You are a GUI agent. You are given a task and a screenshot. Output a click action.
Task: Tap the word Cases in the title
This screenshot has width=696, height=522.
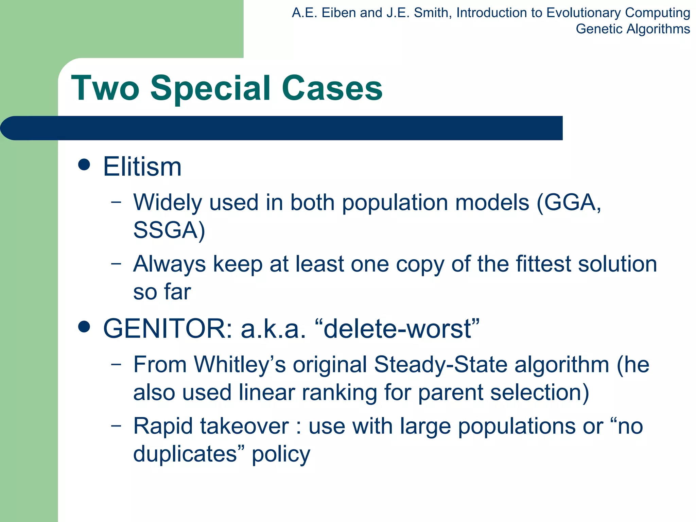coord(332,88)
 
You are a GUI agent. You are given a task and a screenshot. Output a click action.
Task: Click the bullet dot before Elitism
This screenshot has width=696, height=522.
coord(84,165)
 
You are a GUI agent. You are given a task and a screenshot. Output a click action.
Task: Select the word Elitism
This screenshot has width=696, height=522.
coord(142,167)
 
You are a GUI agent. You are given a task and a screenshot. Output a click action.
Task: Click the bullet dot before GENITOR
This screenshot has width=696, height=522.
coord(84,327)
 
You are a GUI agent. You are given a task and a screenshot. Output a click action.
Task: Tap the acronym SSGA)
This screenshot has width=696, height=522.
coord(169,230)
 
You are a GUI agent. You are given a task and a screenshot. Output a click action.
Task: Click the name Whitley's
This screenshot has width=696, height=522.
coord(240,365)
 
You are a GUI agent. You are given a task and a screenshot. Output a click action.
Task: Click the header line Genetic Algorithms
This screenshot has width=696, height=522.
coord(632,29)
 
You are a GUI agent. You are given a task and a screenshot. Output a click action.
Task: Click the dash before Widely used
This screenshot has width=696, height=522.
coord(116,202)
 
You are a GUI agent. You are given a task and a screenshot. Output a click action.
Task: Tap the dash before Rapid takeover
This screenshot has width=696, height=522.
coord(116,425)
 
